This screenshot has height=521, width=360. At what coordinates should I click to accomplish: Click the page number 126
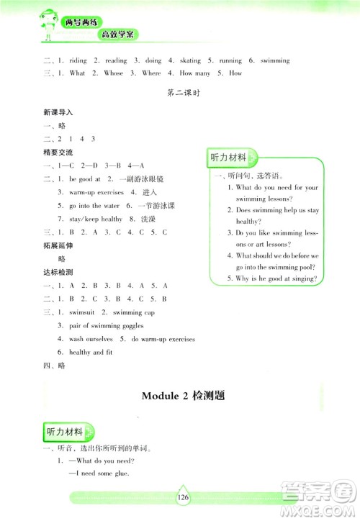pyautogui.click(x=180, y=496)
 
